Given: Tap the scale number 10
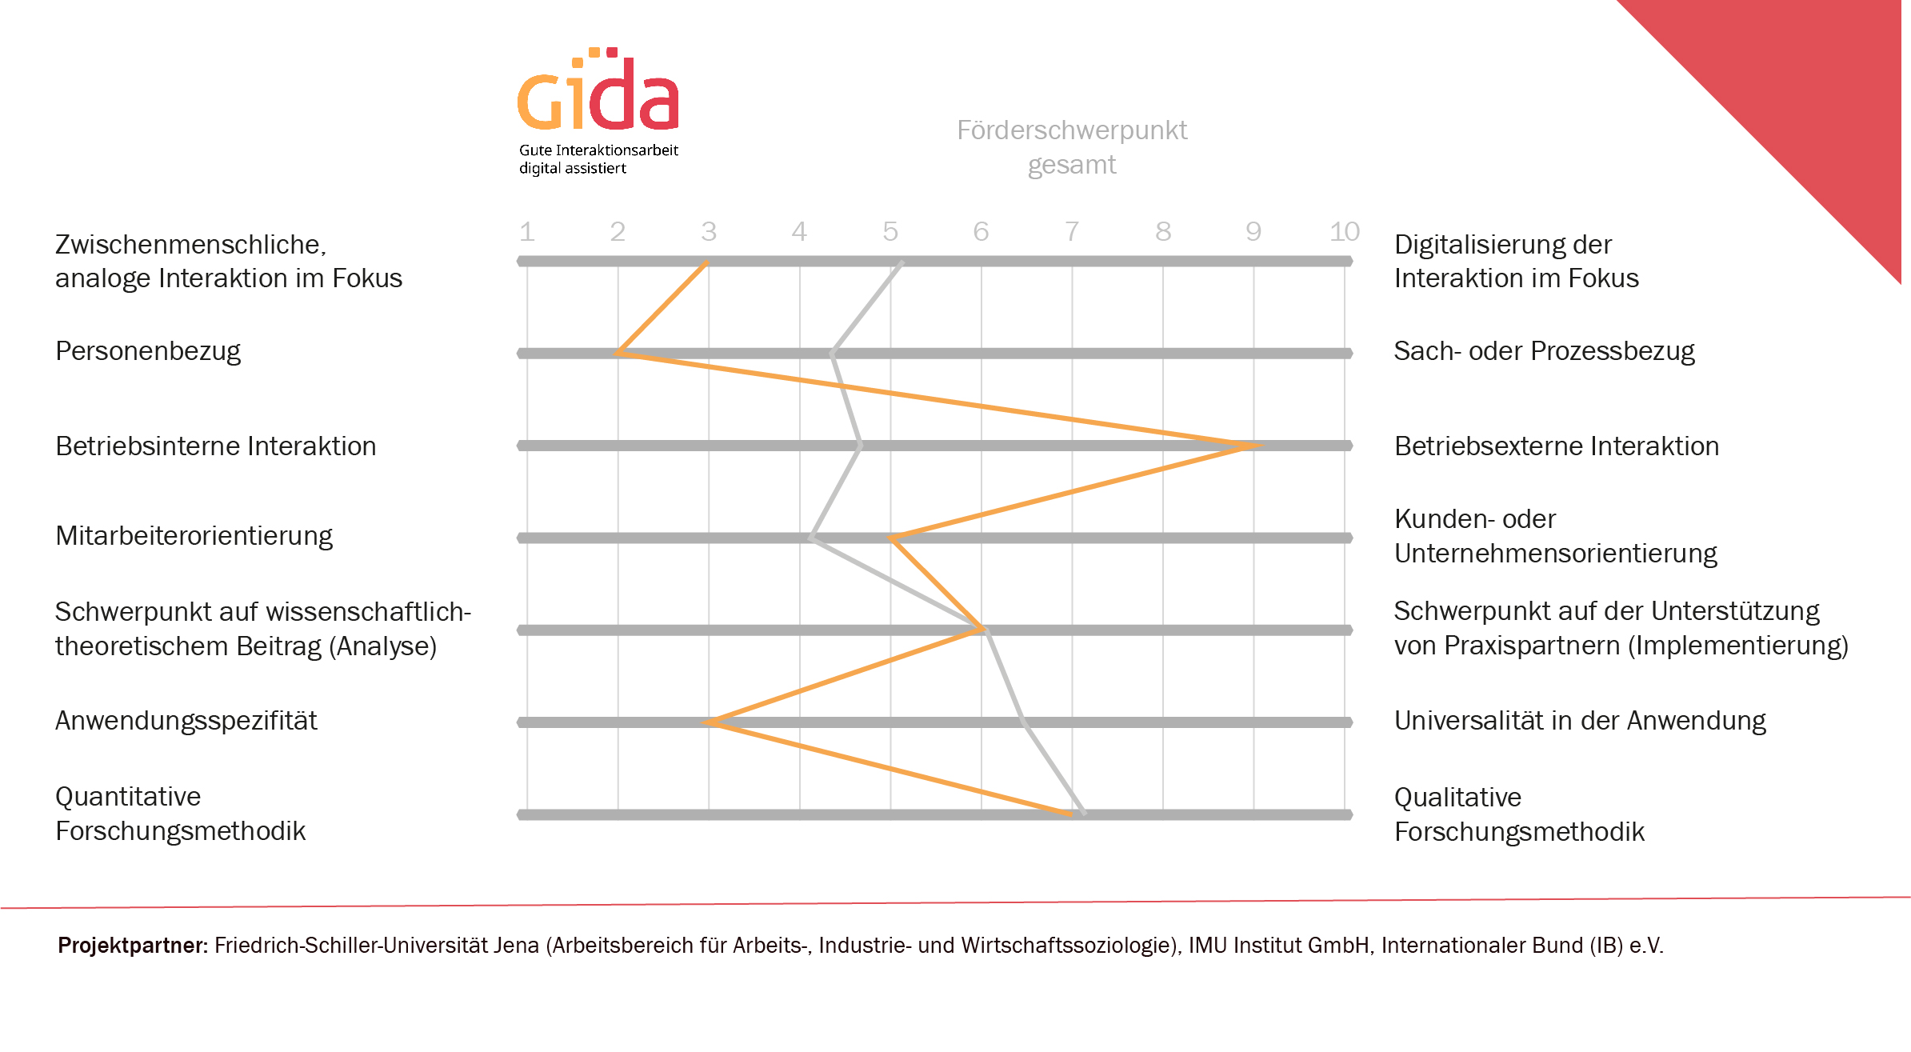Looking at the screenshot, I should click(x=1345, y=232).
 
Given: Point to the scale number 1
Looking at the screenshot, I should click(x=526, y=232).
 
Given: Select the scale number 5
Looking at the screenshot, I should click(x=890, y=232).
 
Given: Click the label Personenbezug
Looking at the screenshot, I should click(x=148, y=351).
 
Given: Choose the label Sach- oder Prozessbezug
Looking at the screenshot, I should click(x=1544, y=351).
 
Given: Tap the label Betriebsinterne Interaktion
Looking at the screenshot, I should click(x=215, y=446).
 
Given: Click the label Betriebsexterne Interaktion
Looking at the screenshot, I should click(x=1556, y=446).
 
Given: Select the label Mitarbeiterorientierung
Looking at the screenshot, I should click(x=194, y=536).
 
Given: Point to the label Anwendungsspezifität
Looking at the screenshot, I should click(x=186, y=721).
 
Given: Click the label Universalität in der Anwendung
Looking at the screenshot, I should click(x=1580, y=721).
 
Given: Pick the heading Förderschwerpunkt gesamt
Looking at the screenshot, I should click(x=1072, y=147).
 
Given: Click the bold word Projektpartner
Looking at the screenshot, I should click(x=132, y=946).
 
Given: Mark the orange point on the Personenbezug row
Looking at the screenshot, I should click(x=619, y=353).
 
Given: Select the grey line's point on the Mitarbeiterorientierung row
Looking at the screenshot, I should click(x=812, y=538).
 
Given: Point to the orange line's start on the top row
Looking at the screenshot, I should click(x=707, y=262).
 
